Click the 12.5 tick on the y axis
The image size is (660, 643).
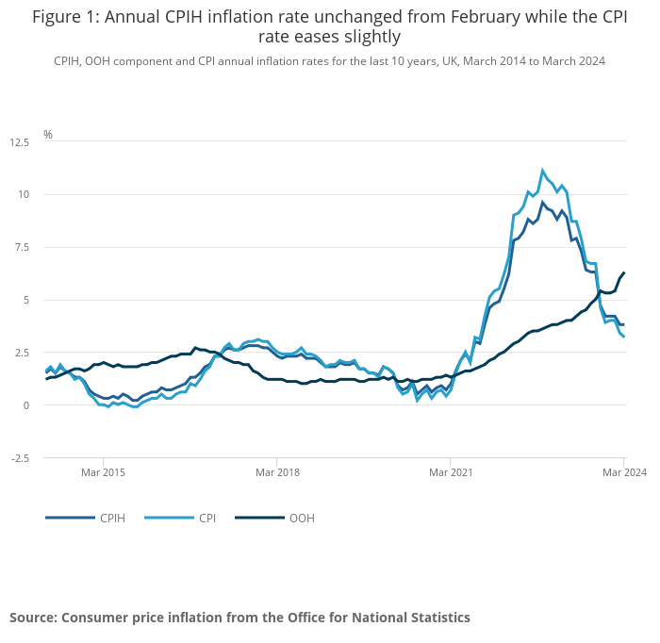point(19,142)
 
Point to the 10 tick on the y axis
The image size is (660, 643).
point(23,195)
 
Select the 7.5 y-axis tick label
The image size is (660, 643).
point(21,248)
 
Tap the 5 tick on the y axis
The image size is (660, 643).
point(25,300)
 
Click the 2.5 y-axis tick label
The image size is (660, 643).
point(21,353)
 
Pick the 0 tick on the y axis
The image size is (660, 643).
point(25,405)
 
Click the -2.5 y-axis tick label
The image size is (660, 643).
point(19,458)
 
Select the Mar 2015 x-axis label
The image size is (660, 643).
point(104,471)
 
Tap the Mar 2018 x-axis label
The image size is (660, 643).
point(277,471)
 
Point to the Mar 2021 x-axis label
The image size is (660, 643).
point(451,471)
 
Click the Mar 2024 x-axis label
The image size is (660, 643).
point(624,471)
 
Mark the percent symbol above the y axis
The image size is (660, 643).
point(48,135)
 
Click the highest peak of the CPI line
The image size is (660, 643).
point(542,171)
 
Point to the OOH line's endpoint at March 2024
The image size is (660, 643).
point(624,273)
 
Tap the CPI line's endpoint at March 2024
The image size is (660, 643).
point(624,337)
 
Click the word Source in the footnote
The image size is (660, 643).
point(33,618)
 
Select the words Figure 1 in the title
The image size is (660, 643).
point(64,17)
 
